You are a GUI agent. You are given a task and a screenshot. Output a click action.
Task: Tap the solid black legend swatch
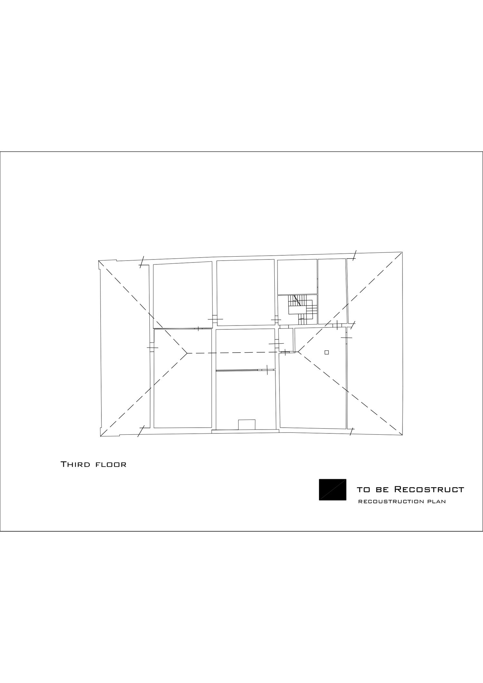333,489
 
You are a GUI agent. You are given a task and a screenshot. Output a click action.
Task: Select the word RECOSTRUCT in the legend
429,490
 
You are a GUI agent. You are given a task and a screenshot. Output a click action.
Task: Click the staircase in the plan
301,309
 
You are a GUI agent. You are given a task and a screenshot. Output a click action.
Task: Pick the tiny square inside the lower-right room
327,352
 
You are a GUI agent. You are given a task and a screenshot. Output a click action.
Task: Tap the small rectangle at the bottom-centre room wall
247,424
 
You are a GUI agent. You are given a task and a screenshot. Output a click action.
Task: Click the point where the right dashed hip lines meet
298,352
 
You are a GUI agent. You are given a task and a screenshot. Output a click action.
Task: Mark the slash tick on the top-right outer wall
354,255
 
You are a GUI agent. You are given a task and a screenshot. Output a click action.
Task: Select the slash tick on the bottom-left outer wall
141,431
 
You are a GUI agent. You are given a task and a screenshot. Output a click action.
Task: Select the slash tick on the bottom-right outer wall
352,431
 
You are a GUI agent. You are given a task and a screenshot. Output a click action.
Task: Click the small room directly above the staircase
297,277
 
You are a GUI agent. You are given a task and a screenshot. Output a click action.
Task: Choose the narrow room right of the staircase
332,291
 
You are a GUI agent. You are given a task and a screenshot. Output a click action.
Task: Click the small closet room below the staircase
286,340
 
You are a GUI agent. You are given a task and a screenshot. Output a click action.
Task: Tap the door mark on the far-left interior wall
152,348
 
